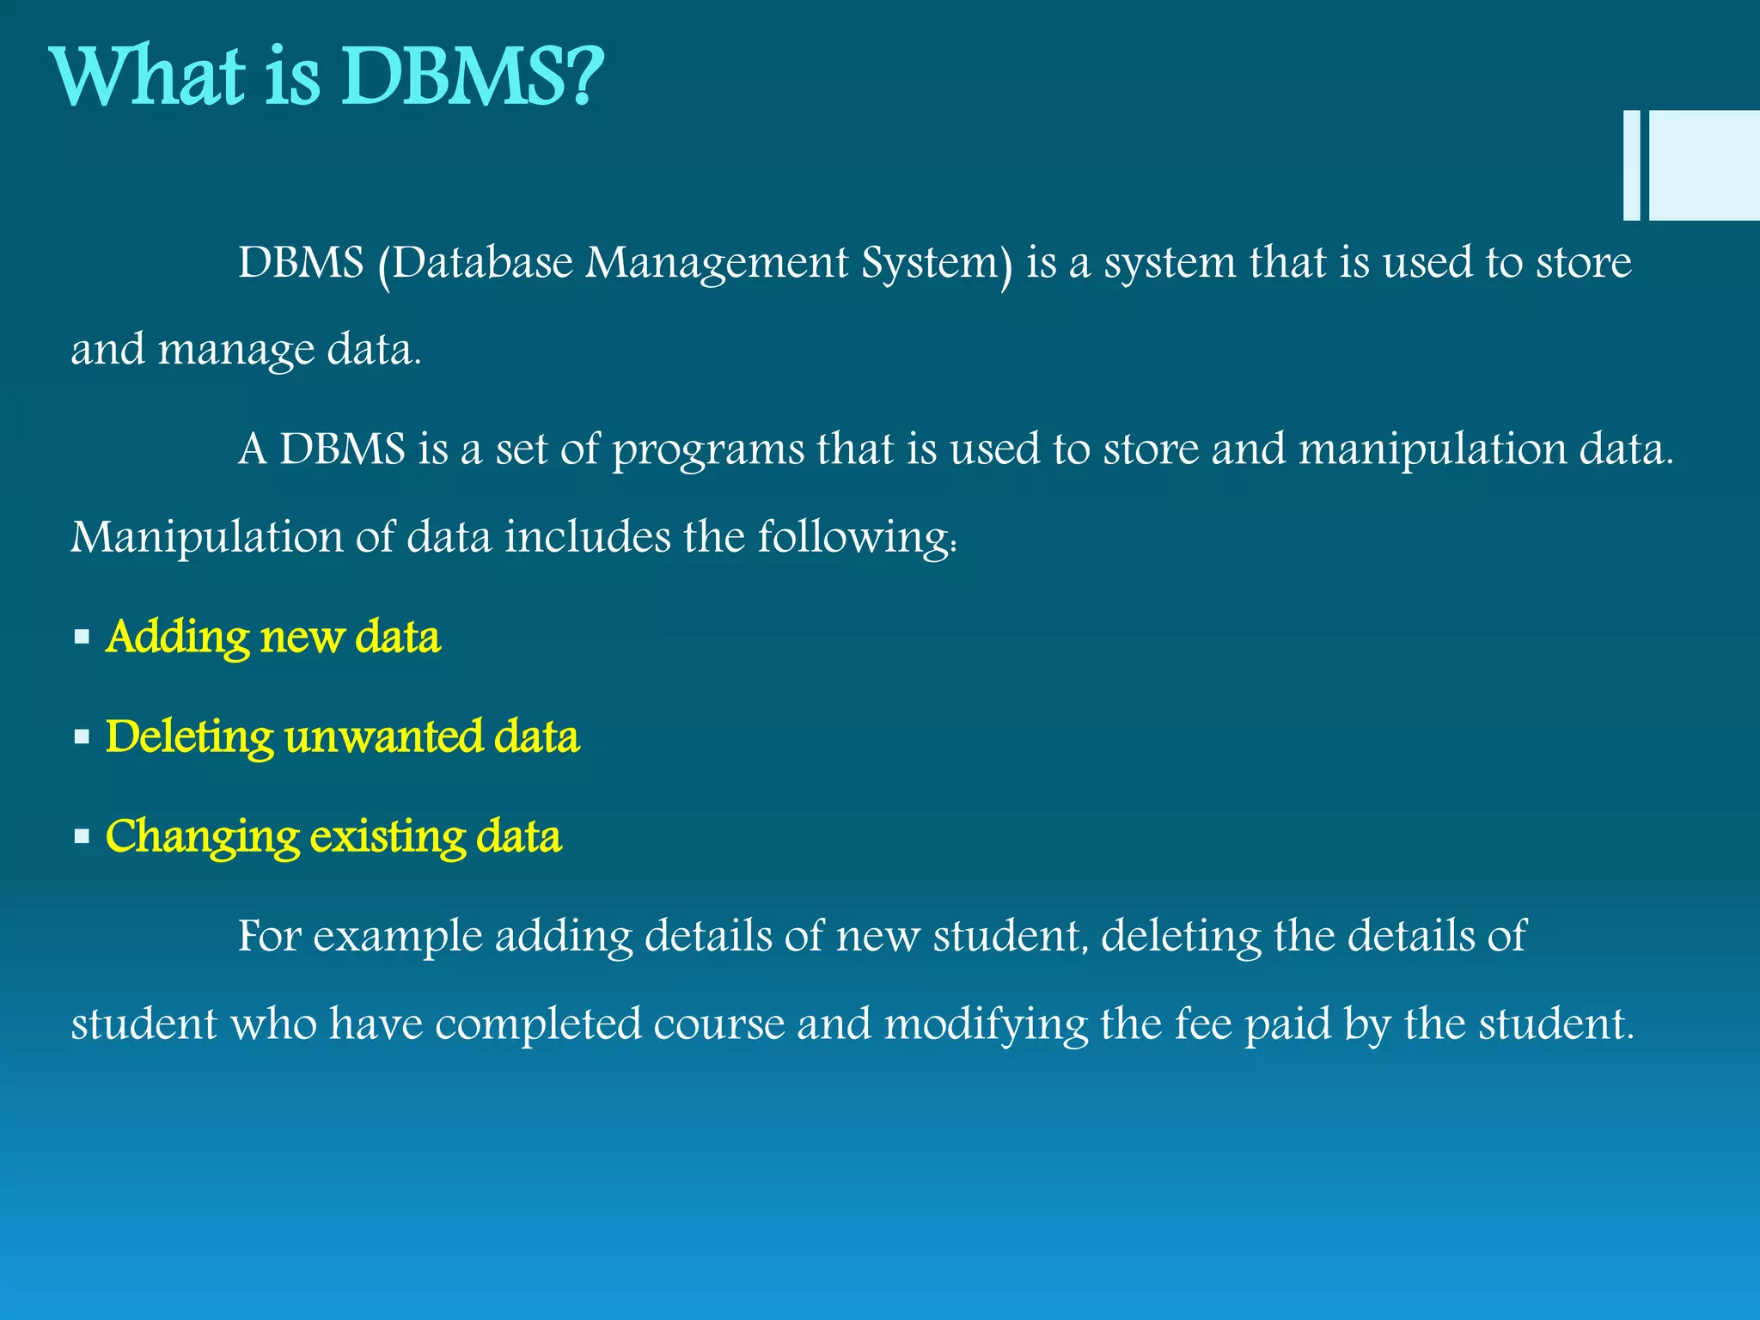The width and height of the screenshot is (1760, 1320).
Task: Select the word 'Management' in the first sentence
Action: (717, 265)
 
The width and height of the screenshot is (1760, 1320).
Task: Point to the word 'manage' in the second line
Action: (236, 351)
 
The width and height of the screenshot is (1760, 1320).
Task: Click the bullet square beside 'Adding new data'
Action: (82, 638)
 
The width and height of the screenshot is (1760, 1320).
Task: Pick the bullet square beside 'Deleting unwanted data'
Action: (82, 737)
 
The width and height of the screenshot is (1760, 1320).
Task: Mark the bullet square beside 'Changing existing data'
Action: (82, 836)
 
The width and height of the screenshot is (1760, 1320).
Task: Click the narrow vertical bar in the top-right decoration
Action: (1631, 165)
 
